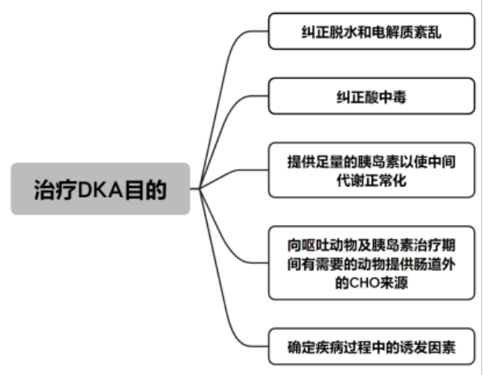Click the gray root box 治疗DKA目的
[x=101, y=189]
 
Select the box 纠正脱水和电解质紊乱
[x=371, y=31]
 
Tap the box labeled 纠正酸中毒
[x=371, y=96]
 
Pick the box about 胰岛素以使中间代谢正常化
[x=371, y=170]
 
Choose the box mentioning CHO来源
[x=371, y=263]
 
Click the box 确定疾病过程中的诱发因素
[x=371, y=347]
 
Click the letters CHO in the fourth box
[x=365, y=282]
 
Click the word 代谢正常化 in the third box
[x=371, y=181]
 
